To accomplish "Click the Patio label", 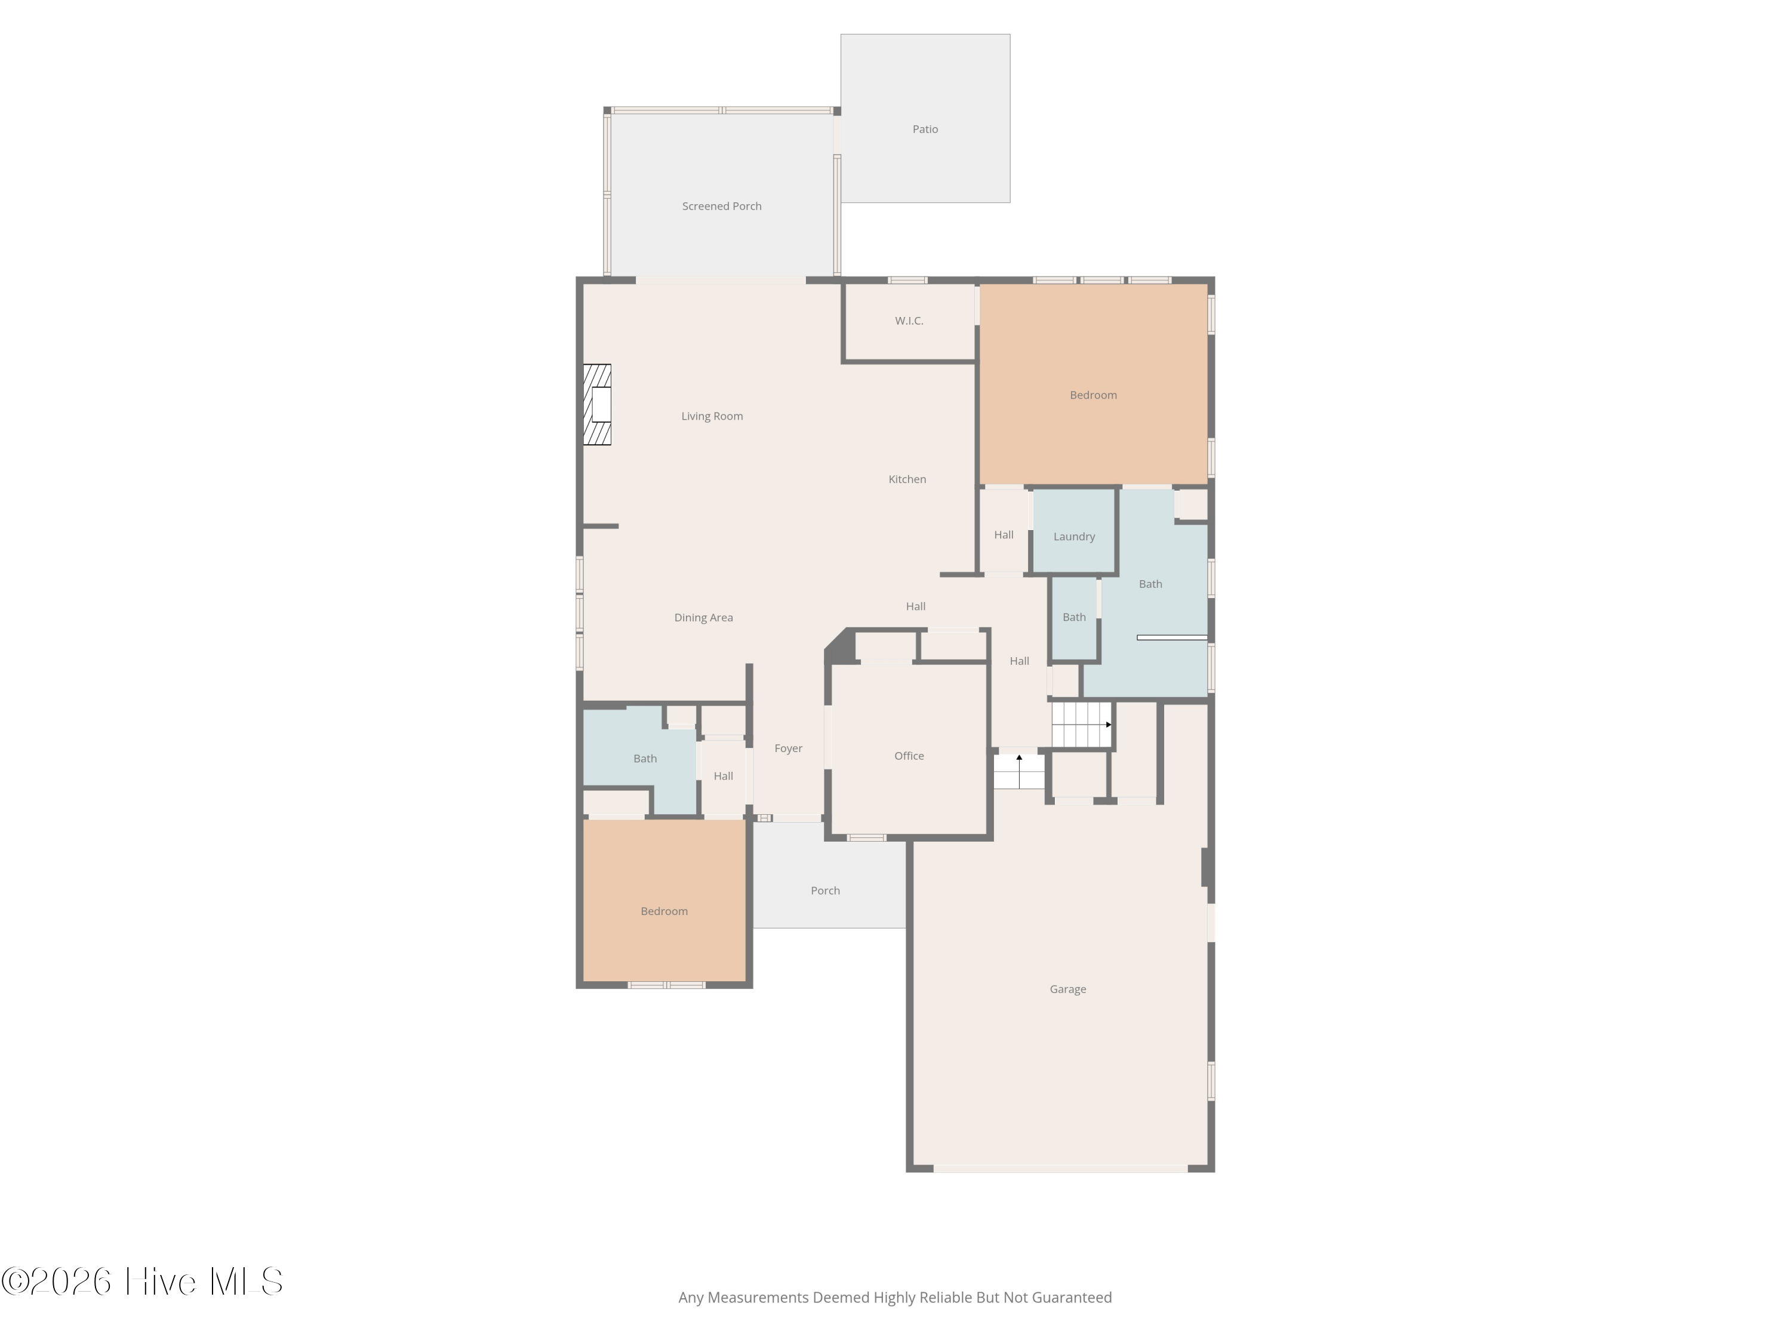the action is (x=925, y=130).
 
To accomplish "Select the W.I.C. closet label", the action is (x=909, y=321).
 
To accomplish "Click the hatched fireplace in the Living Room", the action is (x=598, y=405).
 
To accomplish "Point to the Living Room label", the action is (x=712, y=416).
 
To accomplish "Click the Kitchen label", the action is (x=907, y=479).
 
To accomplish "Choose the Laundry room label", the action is (x=1073, y=537).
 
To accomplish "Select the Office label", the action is (x=909, y=756).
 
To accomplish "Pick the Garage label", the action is (x=1067, y=989).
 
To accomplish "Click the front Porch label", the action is (x=825, y=891).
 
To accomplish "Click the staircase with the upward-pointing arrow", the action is (x=1018, y=771).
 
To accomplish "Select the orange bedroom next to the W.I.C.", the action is (x=1093, y=384).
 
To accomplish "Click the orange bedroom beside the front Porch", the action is (x=664, y=901).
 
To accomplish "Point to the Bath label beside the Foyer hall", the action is (x=645, y=759).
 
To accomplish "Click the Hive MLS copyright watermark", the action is (x=143, y=1282).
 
